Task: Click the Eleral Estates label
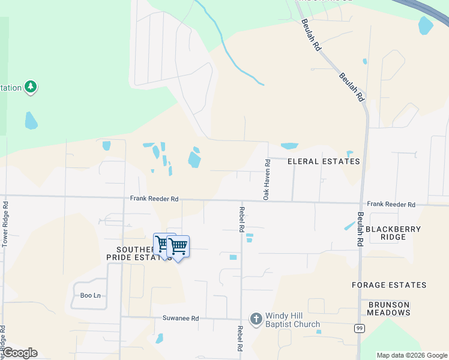point(324,161)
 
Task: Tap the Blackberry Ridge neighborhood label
point(393,233)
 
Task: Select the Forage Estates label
point(389,285)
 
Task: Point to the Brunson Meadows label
point(389,308)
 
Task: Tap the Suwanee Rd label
point(180,319)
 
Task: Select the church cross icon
point(256,319)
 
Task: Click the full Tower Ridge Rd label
point(5,224)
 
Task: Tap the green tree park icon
point(31,88)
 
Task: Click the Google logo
point(20,353)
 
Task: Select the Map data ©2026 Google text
point(412,355)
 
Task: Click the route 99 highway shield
point(359,328)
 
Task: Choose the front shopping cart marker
point(178,246)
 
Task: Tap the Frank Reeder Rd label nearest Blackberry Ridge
point(391,205)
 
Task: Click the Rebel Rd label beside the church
point(240,338)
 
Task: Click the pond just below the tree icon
point(31,121)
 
